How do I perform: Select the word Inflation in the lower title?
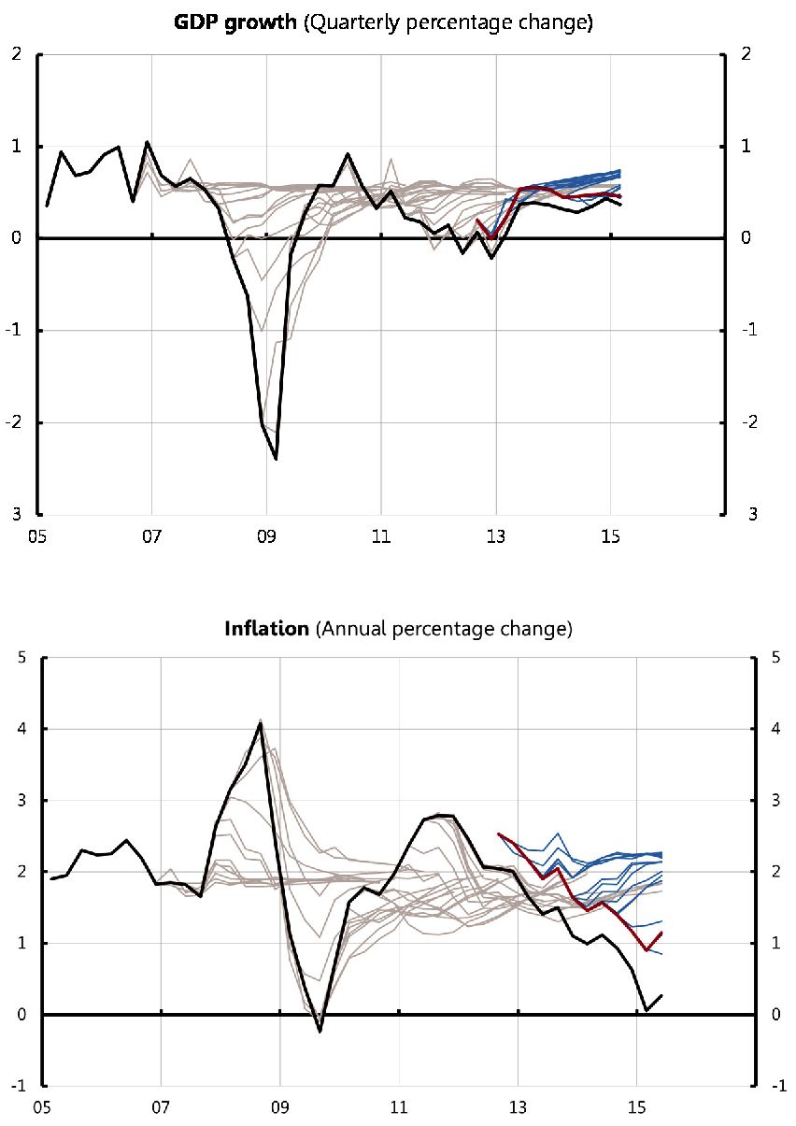tap(266, 629)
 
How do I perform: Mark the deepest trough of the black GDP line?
tap(277, 459)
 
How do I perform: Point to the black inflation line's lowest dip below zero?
tap(320, 1032)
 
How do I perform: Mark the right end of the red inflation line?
tap(661, 933)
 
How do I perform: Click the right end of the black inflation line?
tap(661, 996)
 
